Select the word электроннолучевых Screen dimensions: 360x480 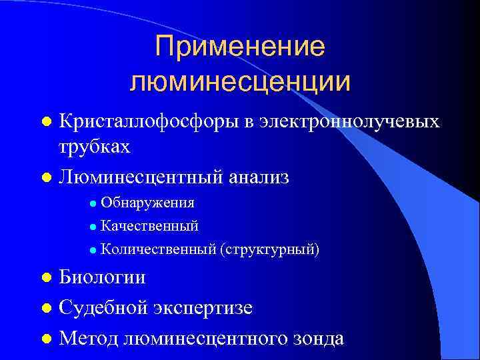(x=350, y=121)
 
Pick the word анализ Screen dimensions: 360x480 (x=259, y=177)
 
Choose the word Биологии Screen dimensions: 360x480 (x=102, y=277)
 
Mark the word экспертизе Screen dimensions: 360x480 (x=206, y=307)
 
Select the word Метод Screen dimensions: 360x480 (x=89, y=337)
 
